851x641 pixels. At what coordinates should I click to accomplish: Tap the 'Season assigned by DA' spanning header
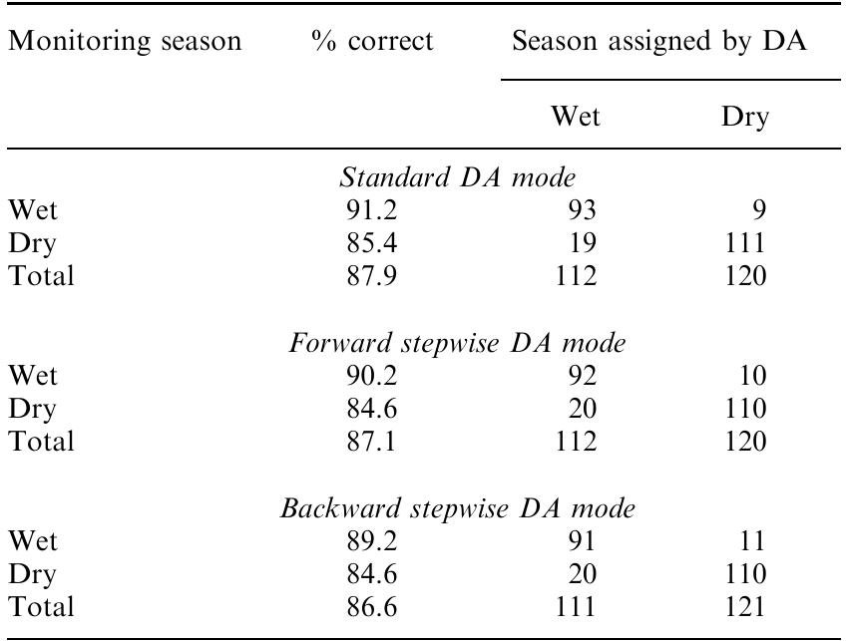658,42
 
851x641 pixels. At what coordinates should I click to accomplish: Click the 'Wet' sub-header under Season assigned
577,118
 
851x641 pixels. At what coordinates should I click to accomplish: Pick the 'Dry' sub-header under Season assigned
745,118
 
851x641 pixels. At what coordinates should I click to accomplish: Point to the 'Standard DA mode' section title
458,178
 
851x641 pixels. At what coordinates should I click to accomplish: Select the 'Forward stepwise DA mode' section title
458,344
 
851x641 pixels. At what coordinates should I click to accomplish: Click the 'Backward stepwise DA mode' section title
458,509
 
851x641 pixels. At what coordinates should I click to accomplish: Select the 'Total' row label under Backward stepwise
41,606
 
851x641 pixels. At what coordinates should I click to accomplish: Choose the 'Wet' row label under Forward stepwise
33,377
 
